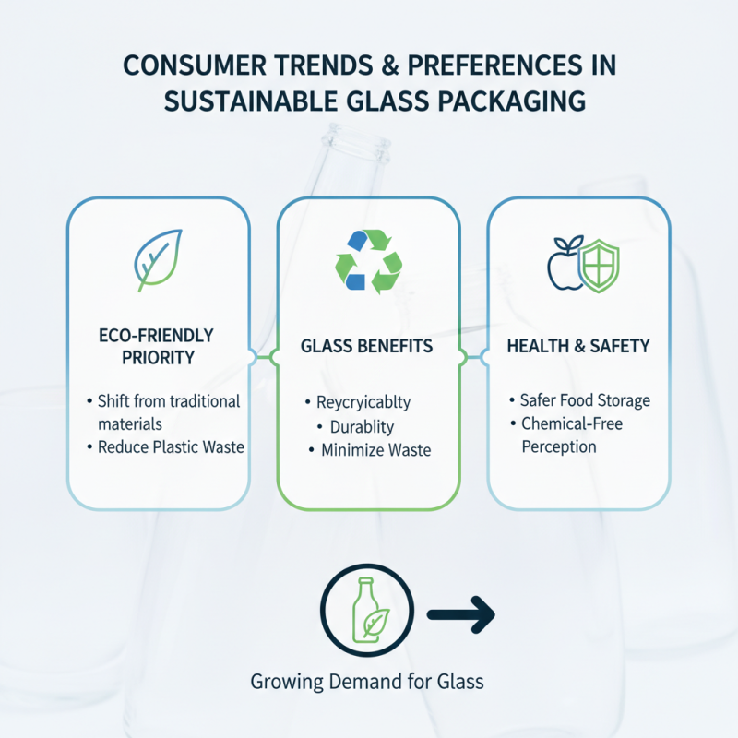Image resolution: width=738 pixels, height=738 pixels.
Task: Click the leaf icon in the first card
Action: coord(158,259)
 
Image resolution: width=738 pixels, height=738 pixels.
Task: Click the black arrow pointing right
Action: coord(461,613)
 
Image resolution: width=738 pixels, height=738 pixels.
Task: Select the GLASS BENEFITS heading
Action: coord(367,347)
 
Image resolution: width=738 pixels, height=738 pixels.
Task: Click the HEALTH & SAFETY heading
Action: coord(578,347)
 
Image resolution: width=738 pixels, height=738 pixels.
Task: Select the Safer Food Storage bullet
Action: coord(585,400)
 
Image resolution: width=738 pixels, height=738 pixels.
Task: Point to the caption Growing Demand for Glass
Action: coord(367,683)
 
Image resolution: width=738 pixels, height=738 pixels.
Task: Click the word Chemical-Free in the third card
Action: coord(573,423)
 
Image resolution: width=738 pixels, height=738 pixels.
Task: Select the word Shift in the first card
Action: coord(116,401)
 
